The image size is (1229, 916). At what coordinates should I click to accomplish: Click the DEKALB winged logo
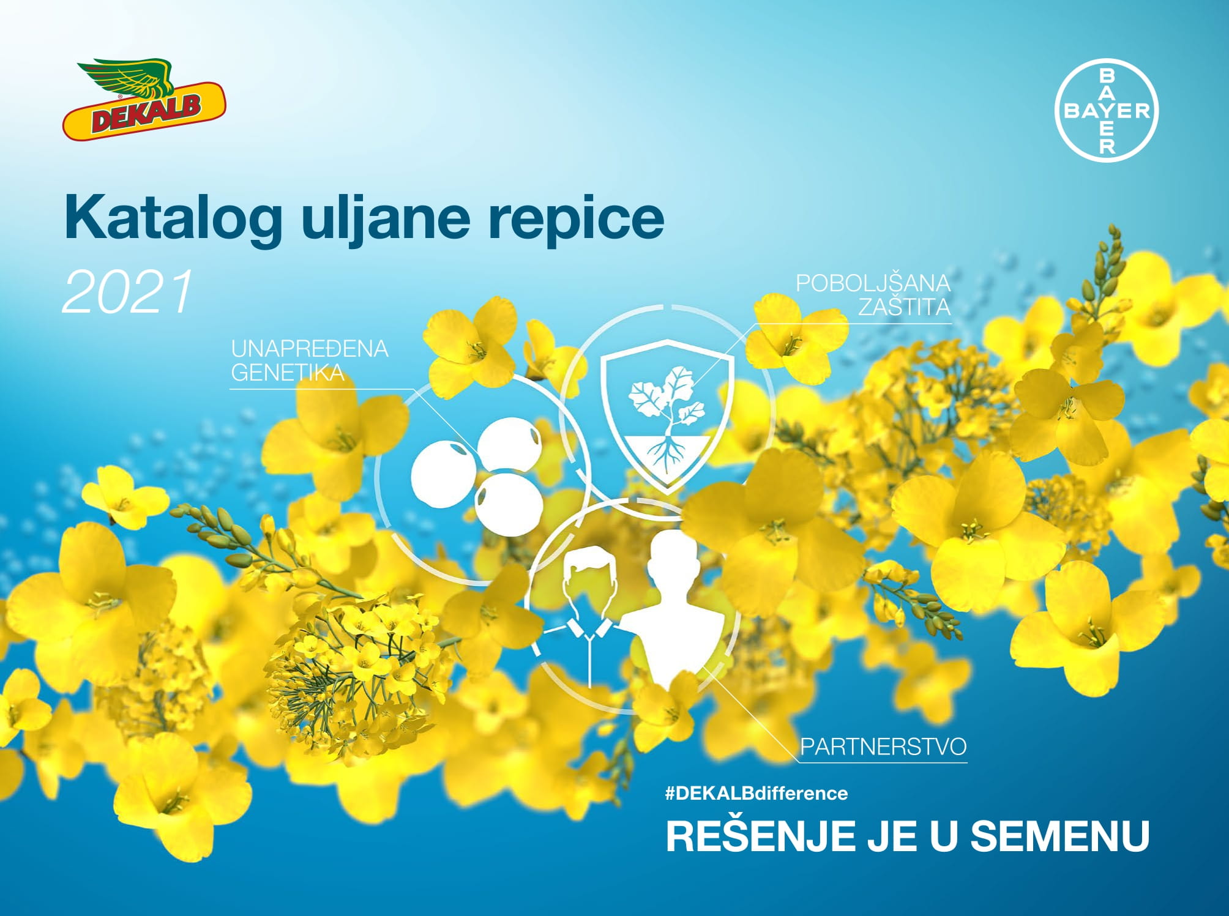pos(144,99)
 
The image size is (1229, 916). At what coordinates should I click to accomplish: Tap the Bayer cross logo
pos(1107,110)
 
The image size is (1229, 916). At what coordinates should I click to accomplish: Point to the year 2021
pos(128,292)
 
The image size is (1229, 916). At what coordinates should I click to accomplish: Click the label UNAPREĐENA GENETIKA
pos(310,360)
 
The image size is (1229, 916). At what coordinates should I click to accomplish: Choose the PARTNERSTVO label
pos(883,747)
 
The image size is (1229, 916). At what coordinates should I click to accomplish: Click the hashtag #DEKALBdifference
pos(756,794)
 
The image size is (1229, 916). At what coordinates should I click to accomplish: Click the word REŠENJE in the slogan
pos(760,836)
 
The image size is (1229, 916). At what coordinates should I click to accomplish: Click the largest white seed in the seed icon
pos(443,473)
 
